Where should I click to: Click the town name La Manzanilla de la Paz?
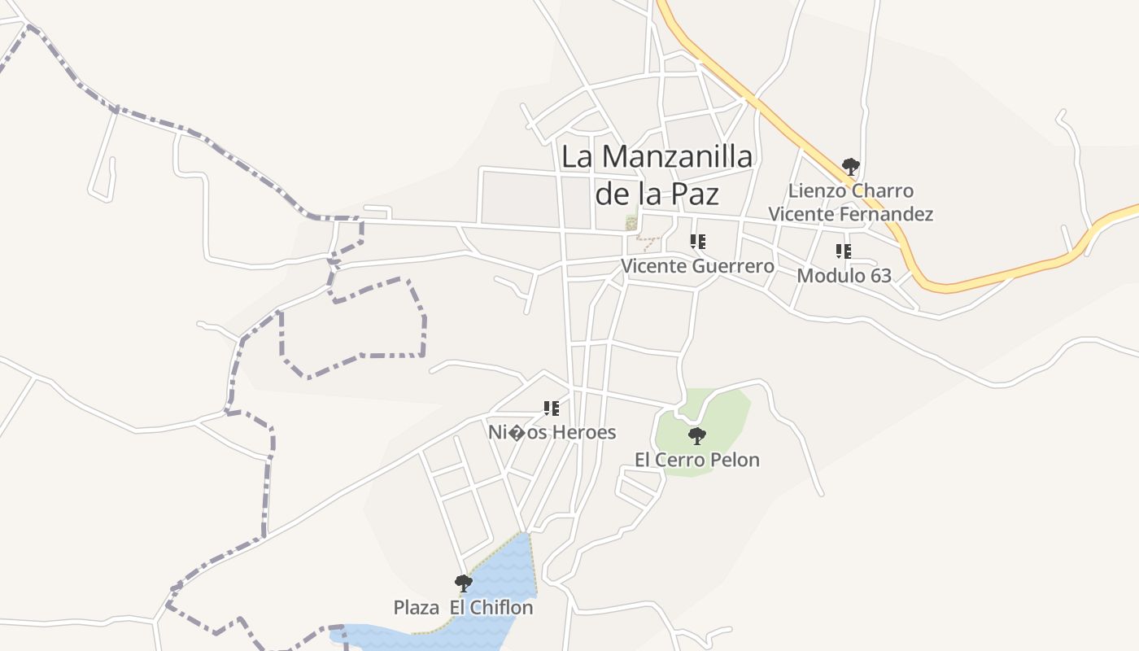pos(657,175)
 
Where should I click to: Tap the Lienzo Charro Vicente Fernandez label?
pos(851,203)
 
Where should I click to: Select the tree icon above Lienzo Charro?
pos(851,167)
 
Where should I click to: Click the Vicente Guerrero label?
pos(697,266)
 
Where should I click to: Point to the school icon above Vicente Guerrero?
pos(697,241)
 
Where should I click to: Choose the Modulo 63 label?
pos(844,275)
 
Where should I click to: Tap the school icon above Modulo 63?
pos(844,251)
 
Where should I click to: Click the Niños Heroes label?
pos(552,432)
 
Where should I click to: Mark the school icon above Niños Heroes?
pos(552,408)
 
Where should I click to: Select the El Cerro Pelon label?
pos(697,460)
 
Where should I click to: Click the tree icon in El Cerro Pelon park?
pos(697,436)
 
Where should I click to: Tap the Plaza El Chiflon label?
pos(464,608)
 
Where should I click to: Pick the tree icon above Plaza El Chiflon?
pos(464,583)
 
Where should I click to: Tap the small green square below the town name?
pos(631,221)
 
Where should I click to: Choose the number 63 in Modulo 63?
pos(880,275)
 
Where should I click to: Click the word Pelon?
pos(735,460)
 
